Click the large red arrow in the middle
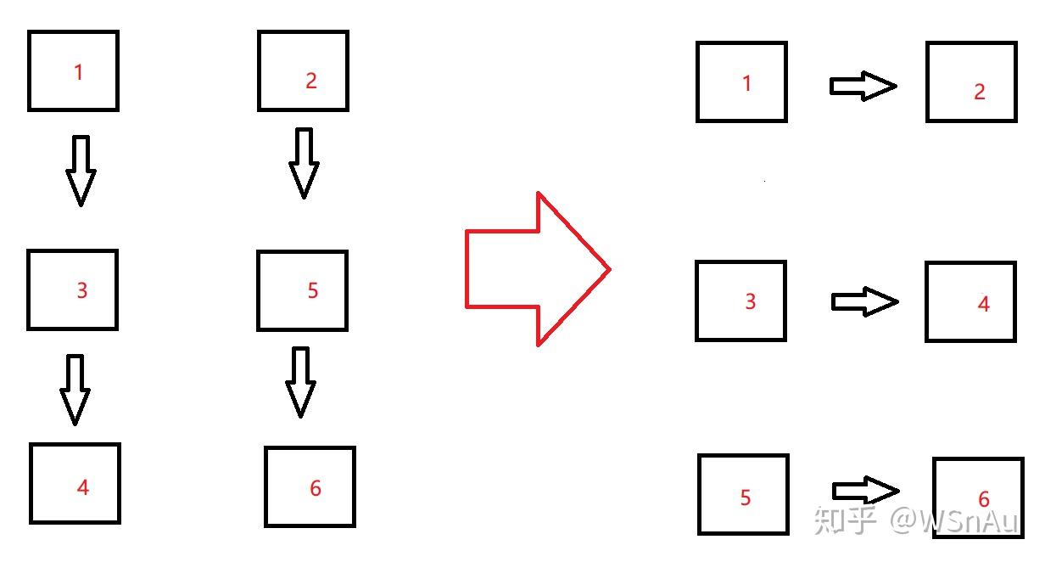534,269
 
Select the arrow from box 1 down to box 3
81,170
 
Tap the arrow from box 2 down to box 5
304,163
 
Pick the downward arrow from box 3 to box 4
75,389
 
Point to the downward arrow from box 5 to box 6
300,382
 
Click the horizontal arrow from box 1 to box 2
862,86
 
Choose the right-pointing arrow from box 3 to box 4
863,301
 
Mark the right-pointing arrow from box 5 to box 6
864,491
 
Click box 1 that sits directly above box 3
73,70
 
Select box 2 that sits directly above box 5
303,70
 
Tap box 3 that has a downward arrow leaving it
72,289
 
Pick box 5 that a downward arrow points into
302,290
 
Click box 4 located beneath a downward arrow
75,483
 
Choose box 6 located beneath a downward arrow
310,486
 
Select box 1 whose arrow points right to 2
741,82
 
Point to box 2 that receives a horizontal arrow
971,82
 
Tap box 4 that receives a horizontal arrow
970,301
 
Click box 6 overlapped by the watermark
978,497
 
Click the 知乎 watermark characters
844,520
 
